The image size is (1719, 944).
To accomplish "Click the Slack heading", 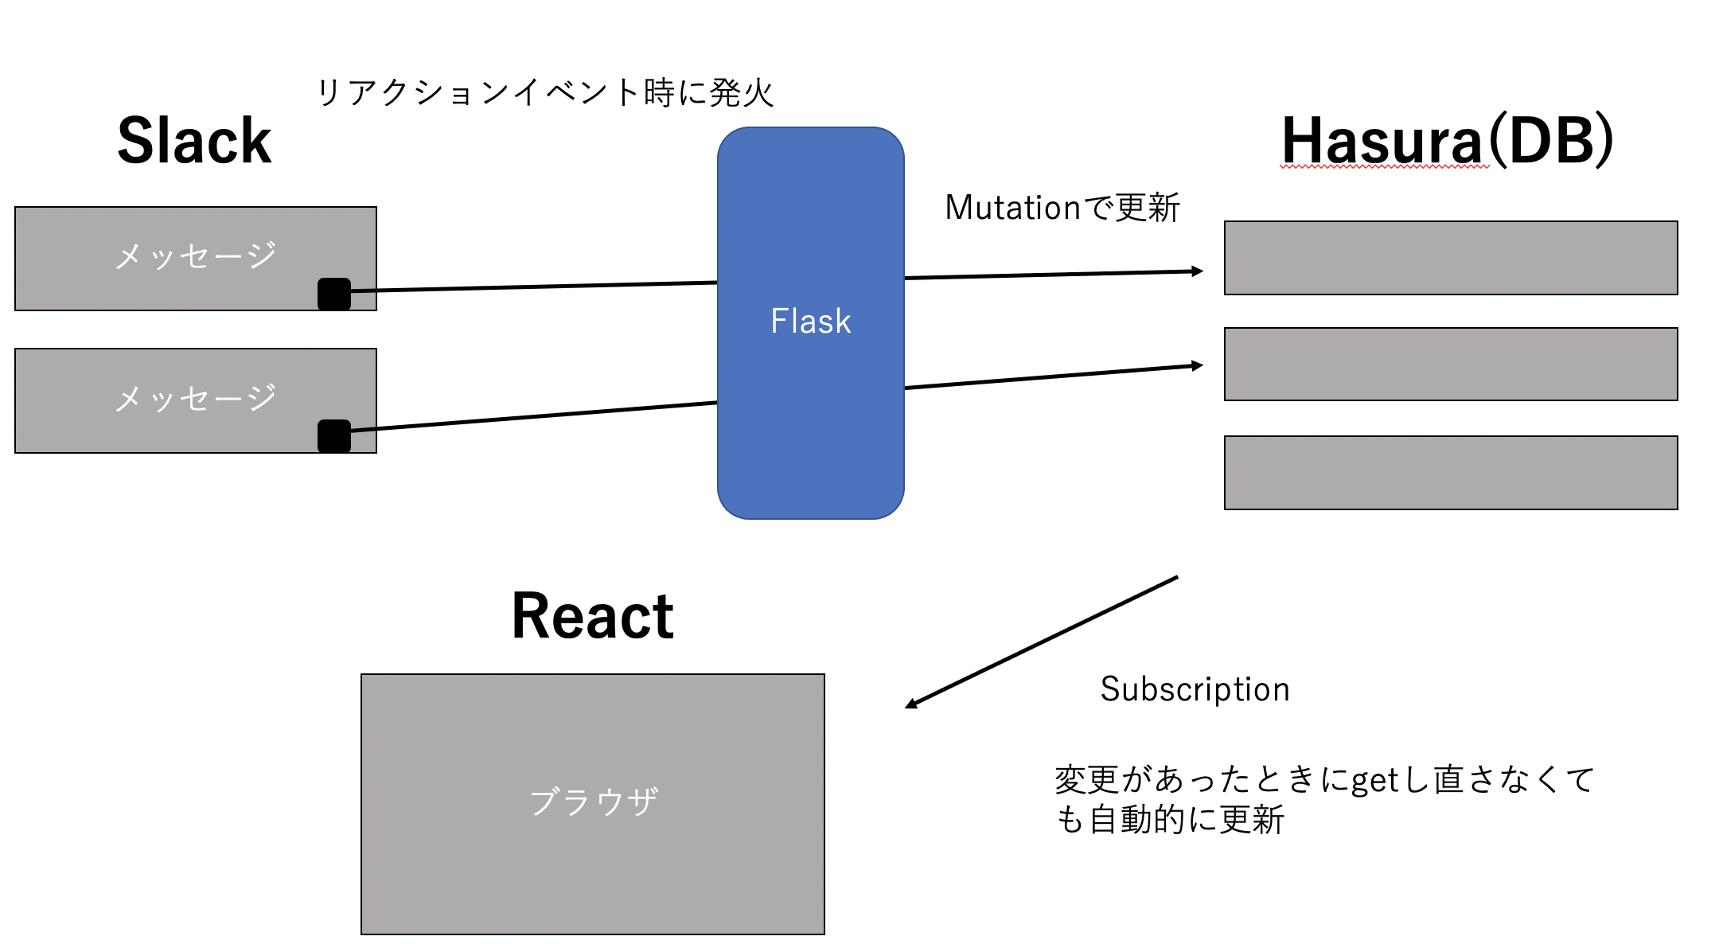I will click(x=194, y=141).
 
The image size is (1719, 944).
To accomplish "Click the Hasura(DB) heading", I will click(x=1447, y=141).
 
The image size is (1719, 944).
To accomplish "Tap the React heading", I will click(x=592, y=616).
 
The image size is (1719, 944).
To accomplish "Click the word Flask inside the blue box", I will click(x=810, y=322).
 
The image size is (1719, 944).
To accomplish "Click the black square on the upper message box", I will click(x=334, y=294).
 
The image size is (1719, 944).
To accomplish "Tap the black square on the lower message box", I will click(x=334, y=436).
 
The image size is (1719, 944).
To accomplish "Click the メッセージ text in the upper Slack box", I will click(x=195, y=256).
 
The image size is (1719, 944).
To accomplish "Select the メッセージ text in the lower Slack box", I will click(x=195, y=397).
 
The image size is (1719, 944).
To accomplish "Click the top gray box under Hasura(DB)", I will click(x=1450, y=258).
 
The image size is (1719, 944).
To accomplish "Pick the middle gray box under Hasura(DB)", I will click(x=1450, y=364).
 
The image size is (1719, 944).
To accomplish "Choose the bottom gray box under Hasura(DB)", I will click(x=1450, y=472).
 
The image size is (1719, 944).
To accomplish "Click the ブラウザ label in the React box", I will click(x=593, y=802).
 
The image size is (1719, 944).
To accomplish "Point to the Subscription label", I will click(x=1195, y=689).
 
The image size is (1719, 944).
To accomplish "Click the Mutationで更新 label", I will click(x=1062, y=208).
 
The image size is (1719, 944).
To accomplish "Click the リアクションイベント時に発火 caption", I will click(x=544, y=93).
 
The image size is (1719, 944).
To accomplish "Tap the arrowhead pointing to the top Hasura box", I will click(x=1197, y=271).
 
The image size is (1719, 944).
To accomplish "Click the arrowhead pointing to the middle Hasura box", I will click(x=1197, y=365).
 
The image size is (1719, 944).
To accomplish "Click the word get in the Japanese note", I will click(x=1375, y=781).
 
